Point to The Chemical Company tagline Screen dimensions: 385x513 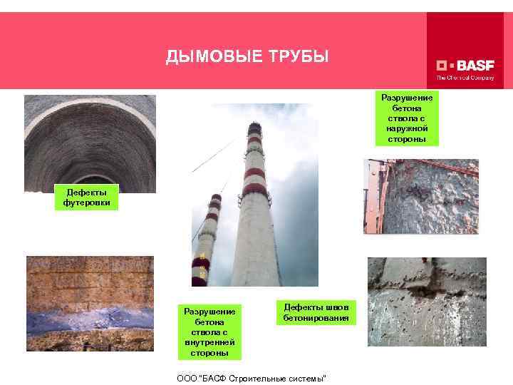(465, 78)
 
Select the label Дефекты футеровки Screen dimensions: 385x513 (85, 197)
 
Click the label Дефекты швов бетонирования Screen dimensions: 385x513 (315, 311)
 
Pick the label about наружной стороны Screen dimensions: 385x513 (407, 118)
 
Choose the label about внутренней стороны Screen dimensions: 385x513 (209, 332)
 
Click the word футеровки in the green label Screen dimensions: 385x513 (85, 203)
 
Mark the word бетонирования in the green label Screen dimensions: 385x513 (316, 317)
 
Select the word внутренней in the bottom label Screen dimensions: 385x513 (209, 342)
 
